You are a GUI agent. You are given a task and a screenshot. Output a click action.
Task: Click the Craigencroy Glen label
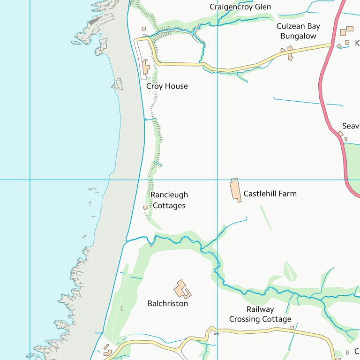pyautogui.click(x=240, y=7)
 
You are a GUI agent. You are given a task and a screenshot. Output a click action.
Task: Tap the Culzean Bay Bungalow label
pyautogui.click(x=298, y=31)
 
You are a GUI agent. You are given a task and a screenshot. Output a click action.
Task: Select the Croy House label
pyautogui.click(x=167, y=86)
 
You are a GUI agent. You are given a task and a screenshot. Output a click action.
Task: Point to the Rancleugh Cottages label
pyautogui.click(x=169, y=200)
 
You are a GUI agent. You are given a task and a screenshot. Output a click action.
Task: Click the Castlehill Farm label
pyautogui.click(x=270, y=194)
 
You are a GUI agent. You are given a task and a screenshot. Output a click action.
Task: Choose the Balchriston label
pyautogui.click(x=168, y=303)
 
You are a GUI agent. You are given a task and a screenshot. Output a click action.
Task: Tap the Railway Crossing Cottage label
pyautogui.click(x=260, y=314)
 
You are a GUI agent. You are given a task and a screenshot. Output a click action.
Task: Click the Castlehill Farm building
pyautogui.click(x=235, y=190)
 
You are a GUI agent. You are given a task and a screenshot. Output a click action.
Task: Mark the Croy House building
pyautogui.click(x=146, y=67)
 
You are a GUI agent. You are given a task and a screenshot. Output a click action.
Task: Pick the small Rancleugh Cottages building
pyautogui.click(x=145, y=207)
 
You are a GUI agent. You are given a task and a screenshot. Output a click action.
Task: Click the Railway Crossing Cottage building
pyautogui.click(x=292, y=328)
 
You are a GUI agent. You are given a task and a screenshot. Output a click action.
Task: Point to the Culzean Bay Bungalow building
pyautogui.click(x=290, y=52)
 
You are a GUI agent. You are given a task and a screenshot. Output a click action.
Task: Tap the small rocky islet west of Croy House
pyautogui.click(x=118, y=84)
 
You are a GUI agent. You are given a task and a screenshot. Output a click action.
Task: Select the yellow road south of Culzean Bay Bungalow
pyautogui.click(x=253, y=65)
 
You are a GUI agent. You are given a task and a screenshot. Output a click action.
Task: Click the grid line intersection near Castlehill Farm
pyautogui.click(x=217, y=180)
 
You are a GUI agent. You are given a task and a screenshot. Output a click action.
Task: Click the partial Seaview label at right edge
pyautogui.click(x=351, y=126)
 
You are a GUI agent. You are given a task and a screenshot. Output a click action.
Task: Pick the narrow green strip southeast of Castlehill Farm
pyautogui.click(x=266, y=218)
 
